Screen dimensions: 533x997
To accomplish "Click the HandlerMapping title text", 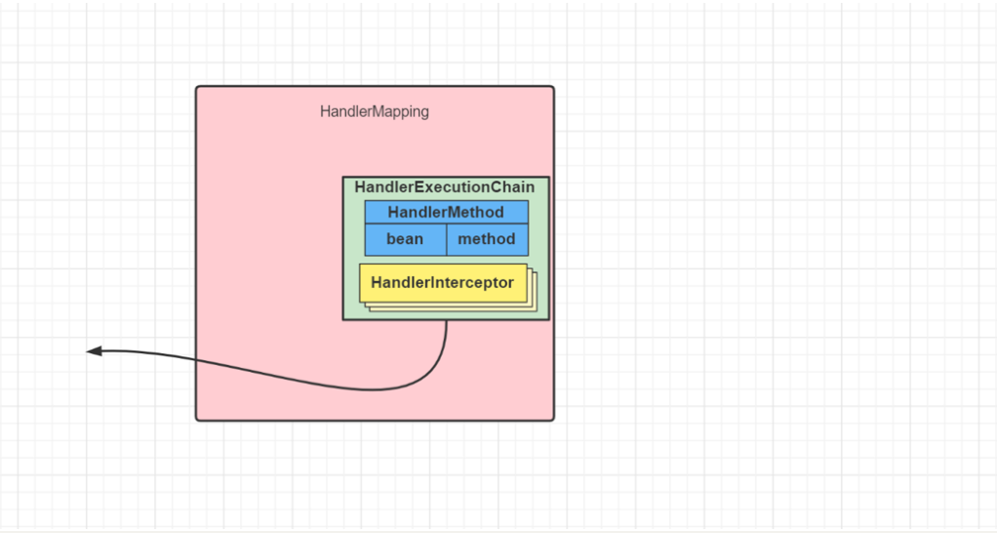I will click(x=375, y=111).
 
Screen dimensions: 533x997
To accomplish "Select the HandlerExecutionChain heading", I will click(x=445, y=186).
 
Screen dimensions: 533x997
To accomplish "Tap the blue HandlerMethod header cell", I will click(x=446, y=212).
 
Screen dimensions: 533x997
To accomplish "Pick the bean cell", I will click(x=405, y=239).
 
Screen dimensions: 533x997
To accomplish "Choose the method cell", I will click(x=487, y=239).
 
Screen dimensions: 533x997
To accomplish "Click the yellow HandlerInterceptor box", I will click(x=442, y=283).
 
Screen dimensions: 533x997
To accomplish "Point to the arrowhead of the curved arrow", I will click(x=90, y=351).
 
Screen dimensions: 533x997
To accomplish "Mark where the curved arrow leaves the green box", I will click(x=447, y=320).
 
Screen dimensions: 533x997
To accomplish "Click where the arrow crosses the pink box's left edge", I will click(x=196, y=362).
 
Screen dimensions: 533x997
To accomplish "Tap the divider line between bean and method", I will click(x=447, y=239).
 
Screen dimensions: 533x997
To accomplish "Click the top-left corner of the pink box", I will click(x=197, y=87).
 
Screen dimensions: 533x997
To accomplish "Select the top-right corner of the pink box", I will click(x=553, y=87).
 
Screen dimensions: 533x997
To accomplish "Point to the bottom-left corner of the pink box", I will click(x=197, y=420).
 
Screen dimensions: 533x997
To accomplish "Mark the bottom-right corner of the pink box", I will click(x=553, y=420).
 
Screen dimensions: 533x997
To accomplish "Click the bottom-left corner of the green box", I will click(x=343, y=319).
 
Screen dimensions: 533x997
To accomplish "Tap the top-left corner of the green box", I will click(x=343, y=177).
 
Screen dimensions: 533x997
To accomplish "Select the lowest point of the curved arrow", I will click(x=376, y=390).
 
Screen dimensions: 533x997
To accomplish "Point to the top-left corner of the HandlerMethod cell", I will click(x=366, y=201).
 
